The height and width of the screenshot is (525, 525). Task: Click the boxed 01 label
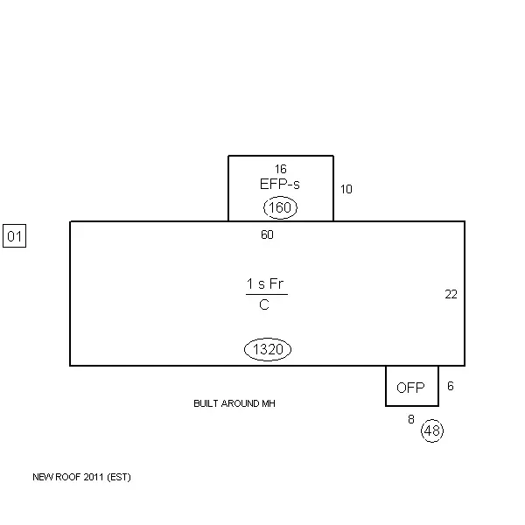pos(14,236)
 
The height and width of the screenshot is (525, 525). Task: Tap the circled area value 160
pos(280,208)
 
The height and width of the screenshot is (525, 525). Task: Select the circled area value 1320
pos(267,350)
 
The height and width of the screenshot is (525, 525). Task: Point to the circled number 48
pos(431,430)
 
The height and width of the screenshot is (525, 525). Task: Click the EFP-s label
pos(280,185)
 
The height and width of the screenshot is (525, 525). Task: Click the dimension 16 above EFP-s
pos(280,169)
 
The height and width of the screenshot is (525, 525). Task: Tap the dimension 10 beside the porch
pos(346,189)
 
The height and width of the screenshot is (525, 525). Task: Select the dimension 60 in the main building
pos(267,234)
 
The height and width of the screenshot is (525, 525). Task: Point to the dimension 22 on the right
pos(451,295)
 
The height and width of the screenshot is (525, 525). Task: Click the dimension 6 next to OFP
pos(451,386)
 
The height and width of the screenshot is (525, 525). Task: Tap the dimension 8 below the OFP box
pos(411,420)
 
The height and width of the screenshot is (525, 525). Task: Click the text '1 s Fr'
pos(266,284)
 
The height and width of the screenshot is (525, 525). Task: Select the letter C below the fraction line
pos(264,305)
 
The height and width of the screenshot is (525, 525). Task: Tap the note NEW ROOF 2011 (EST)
pos(81,478)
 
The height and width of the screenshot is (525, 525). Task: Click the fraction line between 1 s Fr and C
pos(266,295)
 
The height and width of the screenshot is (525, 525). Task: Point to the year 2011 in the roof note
pos(94,478)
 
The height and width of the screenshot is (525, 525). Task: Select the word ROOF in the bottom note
pos(68,478)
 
